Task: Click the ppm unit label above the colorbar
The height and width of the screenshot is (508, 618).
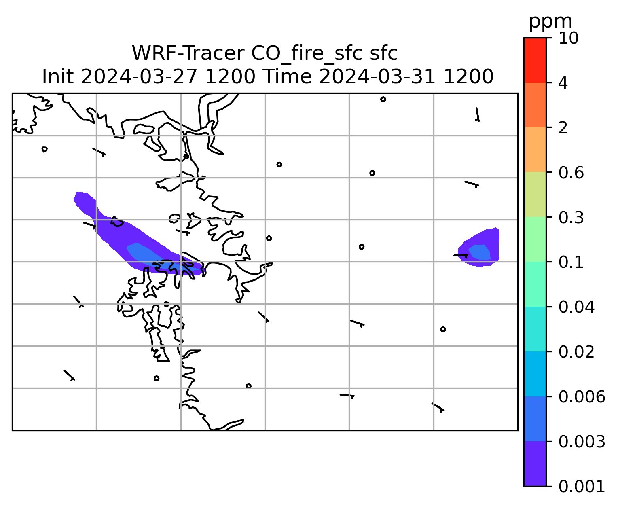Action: point(550,22)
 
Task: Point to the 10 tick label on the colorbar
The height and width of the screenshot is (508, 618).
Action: point(568,38)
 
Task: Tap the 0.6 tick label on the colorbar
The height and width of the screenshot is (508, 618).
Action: point(571,173)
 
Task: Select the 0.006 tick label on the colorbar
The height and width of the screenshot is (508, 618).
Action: point(582,397)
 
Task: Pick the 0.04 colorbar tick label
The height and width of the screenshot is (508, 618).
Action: point(576,307)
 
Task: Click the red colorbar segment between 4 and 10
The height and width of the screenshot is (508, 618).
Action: point(535,60)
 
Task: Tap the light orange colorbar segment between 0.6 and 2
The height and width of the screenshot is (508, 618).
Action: point(535,149)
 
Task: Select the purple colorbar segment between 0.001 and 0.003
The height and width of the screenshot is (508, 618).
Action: point(535,464)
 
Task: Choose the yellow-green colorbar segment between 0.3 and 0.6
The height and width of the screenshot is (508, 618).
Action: point(535,194)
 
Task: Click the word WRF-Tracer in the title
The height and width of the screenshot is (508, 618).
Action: point(188,53)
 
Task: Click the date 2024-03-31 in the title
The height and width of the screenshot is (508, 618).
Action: point(377,77)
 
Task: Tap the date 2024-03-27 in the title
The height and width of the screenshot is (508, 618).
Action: point(139,77)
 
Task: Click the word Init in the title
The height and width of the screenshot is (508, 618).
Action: point(58,77)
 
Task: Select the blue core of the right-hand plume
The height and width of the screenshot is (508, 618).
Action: point(480,252)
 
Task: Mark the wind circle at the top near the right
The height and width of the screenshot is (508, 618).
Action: point(383,99)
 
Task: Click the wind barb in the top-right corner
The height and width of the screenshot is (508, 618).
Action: point(478,114)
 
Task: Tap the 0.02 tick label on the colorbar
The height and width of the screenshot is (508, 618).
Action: point(576,352)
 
